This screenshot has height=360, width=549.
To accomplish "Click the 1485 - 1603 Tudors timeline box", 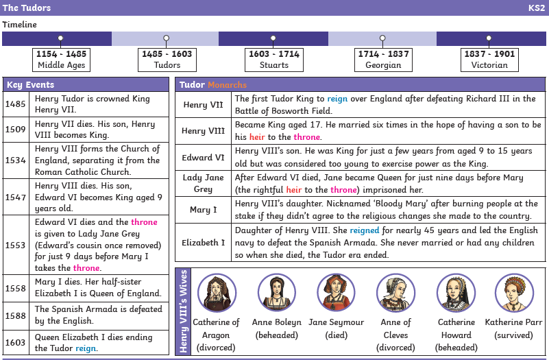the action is (x=167, y=60).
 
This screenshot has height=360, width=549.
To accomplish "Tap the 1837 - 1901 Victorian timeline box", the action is (x=489, y=60).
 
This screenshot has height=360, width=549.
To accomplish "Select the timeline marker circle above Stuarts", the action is (x=273, y=38).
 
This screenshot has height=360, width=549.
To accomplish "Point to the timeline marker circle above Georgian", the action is (x=382, y=38).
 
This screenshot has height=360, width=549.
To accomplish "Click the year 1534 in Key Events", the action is (x=15, y=160).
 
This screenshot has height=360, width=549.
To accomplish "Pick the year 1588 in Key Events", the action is (x=15, y=316).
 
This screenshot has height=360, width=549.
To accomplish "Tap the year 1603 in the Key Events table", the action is (x=15, y=342).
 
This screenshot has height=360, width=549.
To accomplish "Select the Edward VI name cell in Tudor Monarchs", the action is (x=203, y=158).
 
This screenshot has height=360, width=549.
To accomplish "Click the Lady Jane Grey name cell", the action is (x=203, y=184).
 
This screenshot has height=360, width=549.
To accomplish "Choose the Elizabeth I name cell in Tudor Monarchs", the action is (x=203, y=243).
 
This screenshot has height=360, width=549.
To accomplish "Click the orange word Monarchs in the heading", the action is (x=228, y=85).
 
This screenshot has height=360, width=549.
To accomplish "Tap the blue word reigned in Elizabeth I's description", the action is (x=365, y=230).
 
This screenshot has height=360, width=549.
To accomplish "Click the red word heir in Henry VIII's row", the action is (x=257, y=137).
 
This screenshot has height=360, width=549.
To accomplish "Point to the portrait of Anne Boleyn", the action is (x=277, y=293).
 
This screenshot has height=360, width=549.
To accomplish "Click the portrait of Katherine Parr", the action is (x=514, y=293).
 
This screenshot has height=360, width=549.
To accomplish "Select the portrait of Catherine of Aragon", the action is (x=217, y=293).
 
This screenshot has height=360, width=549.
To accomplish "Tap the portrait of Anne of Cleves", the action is (x=395, y=293).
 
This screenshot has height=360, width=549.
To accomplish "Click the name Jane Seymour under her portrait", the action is (x=336, y=322).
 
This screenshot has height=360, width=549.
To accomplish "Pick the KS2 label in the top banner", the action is (x=537, y=8).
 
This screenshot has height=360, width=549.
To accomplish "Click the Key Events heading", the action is (x=30, y=85).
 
